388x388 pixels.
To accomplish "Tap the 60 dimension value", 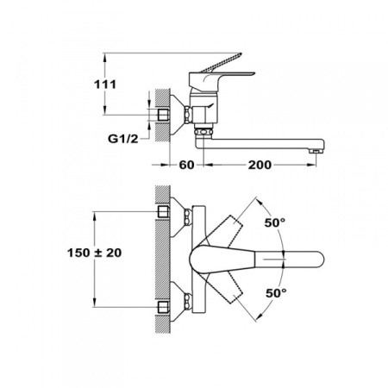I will click(185, 165).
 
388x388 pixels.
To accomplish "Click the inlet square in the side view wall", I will click(166, 114).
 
